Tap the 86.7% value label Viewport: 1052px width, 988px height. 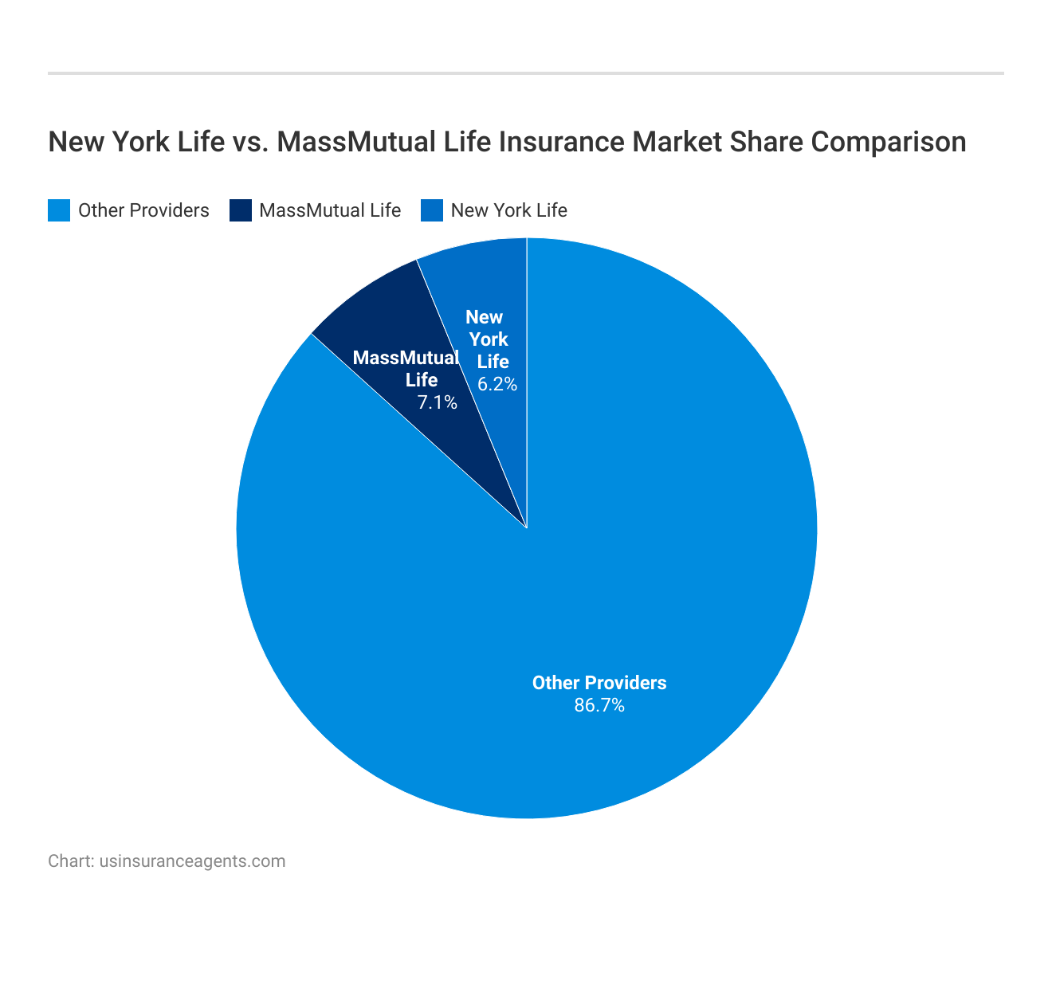599,705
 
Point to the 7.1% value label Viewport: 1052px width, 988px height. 438,402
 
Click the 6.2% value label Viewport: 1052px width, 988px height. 497,384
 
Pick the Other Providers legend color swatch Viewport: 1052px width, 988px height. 59,210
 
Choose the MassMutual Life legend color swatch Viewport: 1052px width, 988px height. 241,210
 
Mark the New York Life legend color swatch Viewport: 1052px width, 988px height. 432,210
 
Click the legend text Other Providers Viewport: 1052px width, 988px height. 143,210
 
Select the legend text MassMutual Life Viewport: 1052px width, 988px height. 330,210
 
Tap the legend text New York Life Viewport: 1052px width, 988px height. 508,210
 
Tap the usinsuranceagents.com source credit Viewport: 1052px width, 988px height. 192,861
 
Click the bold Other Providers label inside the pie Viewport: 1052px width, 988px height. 599,683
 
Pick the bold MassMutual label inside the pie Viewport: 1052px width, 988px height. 406,357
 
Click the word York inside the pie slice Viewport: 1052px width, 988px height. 488,339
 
